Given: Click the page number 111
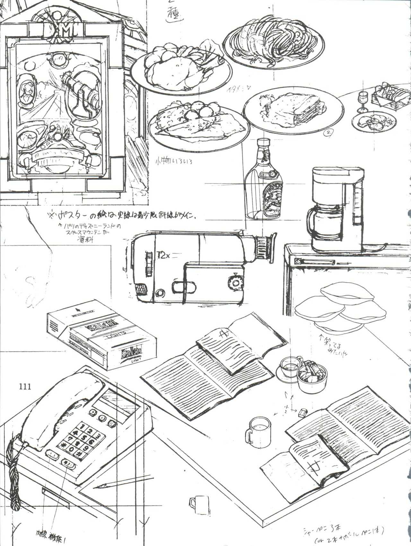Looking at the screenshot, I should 25,386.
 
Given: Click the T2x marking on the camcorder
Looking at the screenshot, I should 163,256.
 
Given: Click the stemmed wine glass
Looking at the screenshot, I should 362,100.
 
